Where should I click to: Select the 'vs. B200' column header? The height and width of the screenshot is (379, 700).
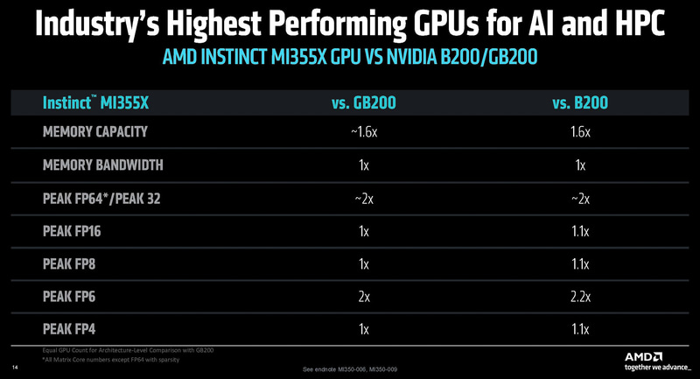[580, 103]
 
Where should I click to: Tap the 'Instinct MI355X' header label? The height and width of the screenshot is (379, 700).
[96, 103]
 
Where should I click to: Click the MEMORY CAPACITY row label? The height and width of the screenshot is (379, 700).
[96, 132]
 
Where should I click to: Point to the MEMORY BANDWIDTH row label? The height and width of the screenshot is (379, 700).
[102, 165]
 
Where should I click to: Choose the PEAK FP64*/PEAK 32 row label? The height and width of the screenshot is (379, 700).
[114, 198]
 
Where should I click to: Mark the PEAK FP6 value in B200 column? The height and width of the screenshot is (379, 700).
[580, 297]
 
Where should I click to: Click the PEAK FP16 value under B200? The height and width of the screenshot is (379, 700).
[580, 231]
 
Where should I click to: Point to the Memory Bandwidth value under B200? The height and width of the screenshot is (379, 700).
[580, 165]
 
